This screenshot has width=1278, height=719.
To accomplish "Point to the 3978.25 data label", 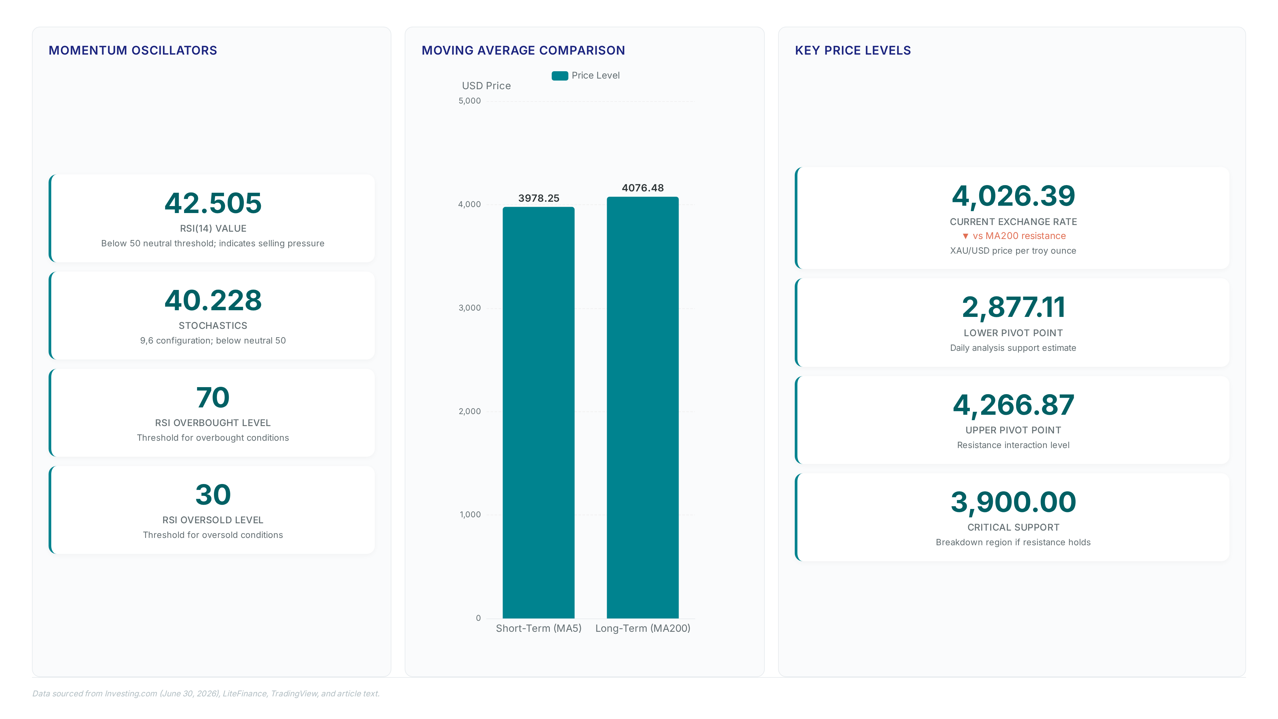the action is tap(539, 198).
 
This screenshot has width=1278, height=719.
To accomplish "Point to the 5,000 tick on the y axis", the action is tap(469, 101).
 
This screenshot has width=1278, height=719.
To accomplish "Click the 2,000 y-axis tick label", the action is tap(469, 411).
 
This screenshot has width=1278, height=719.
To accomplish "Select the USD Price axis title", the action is tap(486, 86).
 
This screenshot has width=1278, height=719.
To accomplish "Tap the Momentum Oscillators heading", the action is tap(133, 51).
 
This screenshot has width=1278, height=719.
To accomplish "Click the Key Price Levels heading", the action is tap(853, 51).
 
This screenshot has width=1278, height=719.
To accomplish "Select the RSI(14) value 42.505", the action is tap(213, 203).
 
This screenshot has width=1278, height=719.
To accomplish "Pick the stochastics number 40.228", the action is tap(213, 301).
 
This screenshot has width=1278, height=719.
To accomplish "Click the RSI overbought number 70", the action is tap(213, 398).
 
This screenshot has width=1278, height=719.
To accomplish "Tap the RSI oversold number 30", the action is tap(213, 495).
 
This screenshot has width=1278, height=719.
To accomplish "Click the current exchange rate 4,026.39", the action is tap(1013, 196).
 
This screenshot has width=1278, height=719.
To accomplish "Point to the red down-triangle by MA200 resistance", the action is tap(965, 236).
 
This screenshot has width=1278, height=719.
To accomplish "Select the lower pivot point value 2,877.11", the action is tap(1013, 308).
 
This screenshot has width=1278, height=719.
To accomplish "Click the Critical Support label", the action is tap(1013, 528).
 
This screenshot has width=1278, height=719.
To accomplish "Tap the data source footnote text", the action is tap(206, 694).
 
